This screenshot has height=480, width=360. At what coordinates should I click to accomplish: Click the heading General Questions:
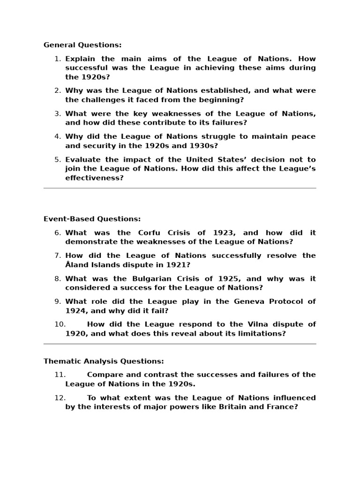82,45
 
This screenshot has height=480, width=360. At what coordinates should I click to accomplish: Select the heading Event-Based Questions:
92,219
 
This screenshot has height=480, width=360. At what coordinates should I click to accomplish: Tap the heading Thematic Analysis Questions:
104,361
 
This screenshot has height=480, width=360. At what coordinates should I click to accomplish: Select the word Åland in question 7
77,265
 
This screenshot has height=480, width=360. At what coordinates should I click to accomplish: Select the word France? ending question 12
281,407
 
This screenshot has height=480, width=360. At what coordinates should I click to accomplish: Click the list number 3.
58,113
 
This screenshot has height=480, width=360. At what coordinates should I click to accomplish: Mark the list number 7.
58,255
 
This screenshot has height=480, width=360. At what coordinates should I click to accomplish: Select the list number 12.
60,397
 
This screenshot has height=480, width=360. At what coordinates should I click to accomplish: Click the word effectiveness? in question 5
94,178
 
